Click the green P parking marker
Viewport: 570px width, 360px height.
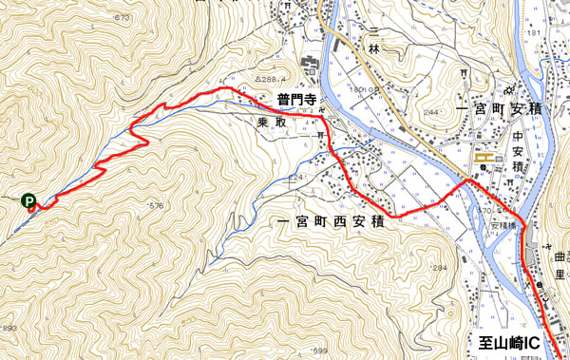(x=28, y=200)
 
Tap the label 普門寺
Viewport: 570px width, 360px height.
(x=295, y=99)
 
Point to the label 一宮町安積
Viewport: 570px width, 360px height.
(x=498, y=110)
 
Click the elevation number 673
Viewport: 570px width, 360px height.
(x=121, y=18)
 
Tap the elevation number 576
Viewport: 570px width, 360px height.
(x=156, y=205)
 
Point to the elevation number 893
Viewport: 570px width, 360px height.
(x=9, y=328)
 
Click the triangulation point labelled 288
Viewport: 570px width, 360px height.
(x=267, y=80)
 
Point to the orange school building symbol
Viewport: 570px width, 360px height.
(x=487, y=155)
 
